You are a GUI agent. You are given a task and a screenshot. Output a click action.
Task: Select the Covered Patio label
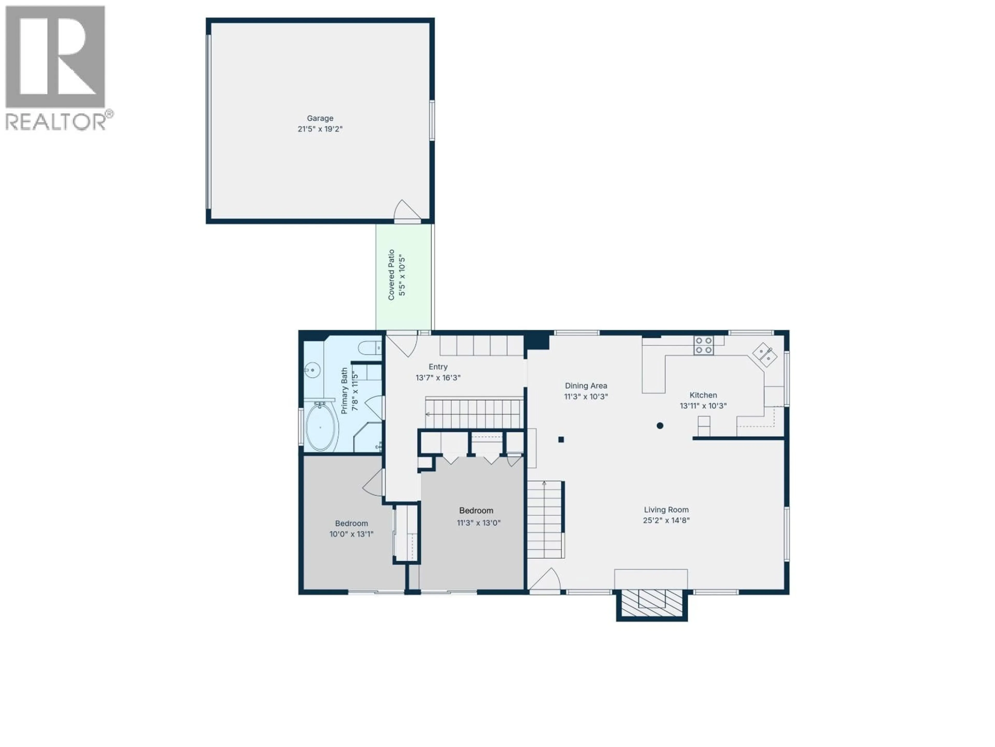(x=391, y=275)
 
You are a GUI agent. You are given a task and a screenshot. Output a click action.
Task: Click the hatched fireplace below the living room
(x=652, y=604)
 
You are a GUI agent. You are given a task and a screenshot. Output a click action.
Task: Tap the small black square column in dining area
(x=561, y=439)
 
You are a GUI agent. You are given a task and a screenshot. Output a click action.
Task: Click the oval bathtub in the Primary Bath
(x=320, y=427)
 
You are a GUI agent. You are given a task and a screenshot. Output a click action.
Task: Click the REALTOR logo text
(x=56, y=122)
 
